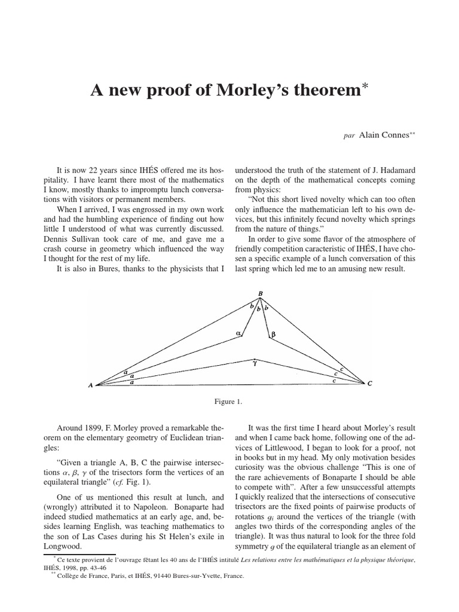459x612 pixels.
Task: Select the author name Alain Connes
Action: pos(382,135)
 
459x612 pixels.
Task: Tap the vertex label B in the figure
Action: pos(260,293)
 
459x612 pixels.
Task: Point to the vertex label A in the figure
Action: pos(91,385)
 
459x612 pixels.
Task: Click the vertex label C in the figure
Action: pos(370,384)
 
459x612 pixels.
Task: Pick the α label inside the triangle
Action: pos(238,333)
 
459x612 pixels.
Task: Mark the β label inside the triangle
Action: pos(273,335)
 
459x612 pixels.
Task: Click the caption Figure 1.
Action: pos(229,402)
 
